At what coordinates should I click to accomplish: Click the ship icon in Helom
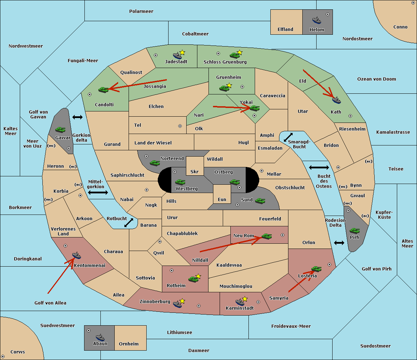(x=317, y=20)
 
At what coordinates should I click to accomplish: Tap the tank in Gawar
(x=60, y=130)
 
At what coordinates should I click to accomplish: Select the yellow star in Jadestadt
(x=182, y=52)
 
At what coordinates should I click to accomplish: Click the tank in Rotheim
(x=193, y=279)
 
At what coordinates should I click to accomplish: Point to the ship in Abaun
(x=100, y=337)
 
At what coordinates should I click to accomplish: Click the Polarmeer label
(x=141, y=11)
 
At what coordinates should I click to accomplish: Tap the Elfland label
(x=285, y=30)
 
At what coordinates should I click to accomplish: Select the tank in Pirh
(x=354, y=231)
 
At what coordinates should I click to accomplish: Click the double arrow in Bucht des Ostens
(x=319, y=167)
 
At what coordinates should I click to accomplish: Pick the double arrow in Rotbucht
(x=129, y=223)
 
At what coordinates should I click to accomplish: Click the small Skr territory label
(x=195, y=171)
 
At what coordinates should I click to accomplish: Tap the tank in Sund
(x=260, y=201)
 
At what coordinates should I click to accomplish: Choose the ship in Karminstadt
(x=240, y=302)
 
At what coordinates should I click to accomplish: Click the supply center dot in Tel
(x=180, y=126)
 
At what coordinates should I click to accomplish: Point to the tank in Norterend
(x=155, y=163)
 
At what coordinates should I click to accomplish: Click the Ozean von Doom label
(x=377, y=79)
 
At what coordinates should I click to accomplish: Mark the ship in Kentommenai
(x=76, y=255)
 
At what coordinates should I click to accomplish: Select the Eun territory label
(x=222, y=200)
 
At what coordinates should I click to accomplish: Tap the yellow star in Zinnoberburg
(x=182, y=301)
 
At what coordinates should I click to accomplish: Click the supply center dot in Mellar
(x=262, y=171)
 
